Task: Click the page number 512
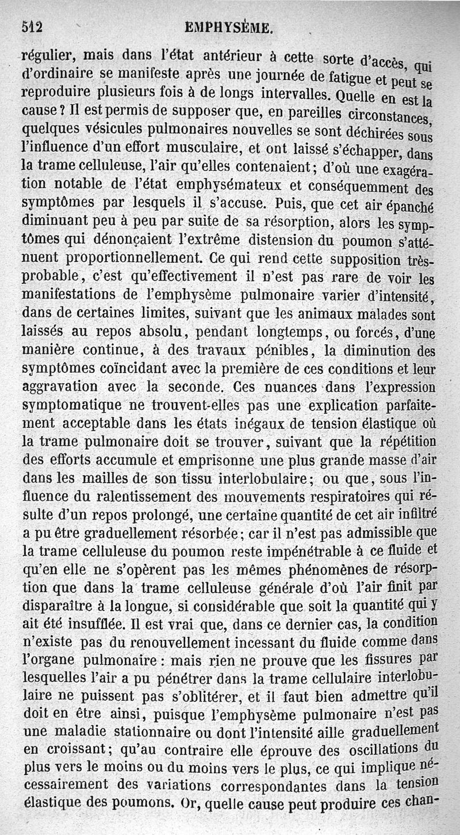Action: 33,27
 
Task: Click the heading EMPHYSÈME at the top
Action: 228,28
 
